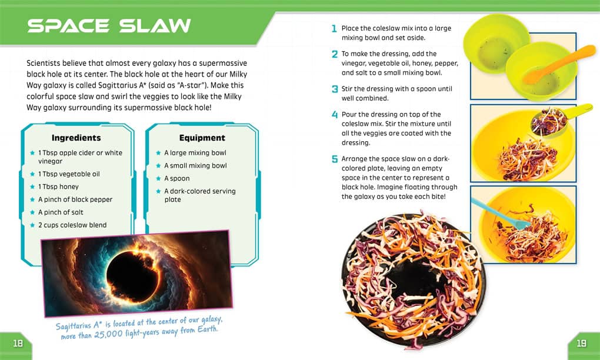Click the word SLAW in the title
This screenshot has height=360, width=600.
click(x=155, y=26)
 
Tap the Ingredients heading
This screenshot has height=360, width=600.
click(x=76, y=138)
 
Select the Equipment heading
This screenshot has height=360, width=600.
click(x=202, y=138)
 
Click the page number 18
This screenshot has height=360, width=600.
click(x=18, y=343)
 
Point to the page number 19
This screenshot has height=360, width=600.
click(x=582, y=343)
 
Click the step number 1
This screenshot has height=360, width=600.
click(x=334, y=29)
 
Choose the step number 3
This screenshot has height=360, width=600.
click(x=335, y=89)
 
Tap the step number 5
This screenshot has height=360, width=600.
click(x=335, y=159)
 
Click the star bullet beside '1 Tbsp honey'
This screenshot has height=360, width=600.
click(x=32, y=186)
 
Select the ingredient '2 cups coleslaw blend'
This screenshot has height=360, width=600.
click(x=72, y=225)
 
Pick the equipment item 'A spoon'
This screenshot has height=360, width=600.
click(x=177, y=179)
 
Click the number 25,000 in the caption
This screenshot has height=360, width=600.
click(x=109, y=334)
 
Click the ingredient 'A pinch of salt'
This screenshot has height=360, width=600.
click(x=61, y=212)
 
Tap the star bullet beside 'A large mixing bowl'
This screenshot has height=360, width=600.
click(x=158, y=153)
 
